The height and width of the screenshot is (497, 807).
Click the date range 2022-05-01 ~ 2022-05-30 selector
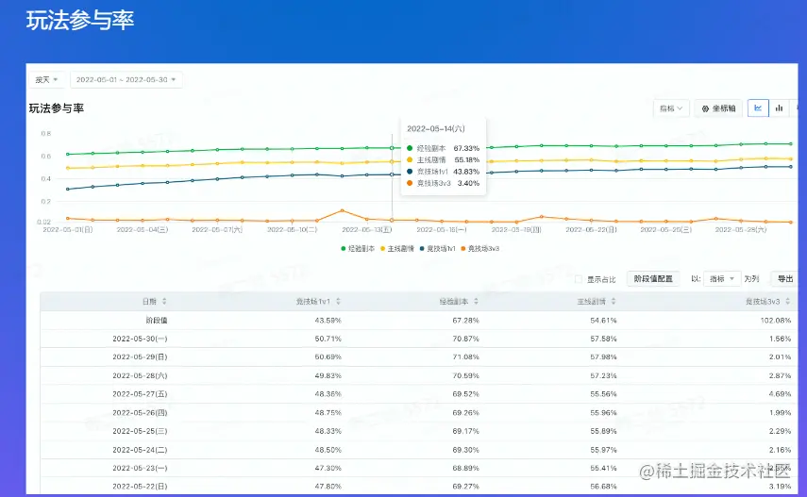(x=126, y=79)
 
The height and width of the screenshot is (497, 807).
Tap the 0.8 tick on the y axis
(x=45, y=133)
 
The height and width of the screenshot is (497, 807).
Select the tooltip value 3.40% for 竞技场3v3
(x=468, y=183)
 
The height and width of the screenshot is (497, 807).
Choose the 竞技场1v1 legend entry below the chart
(x=438, y=248)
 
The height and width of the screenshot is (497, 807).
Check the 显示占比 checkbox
(x=579, y=279)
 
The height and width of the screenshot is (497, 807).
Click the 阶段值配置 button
(x=652, y=279)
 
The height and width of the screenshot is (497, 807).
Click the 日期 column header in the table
(x=150, y=301)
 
